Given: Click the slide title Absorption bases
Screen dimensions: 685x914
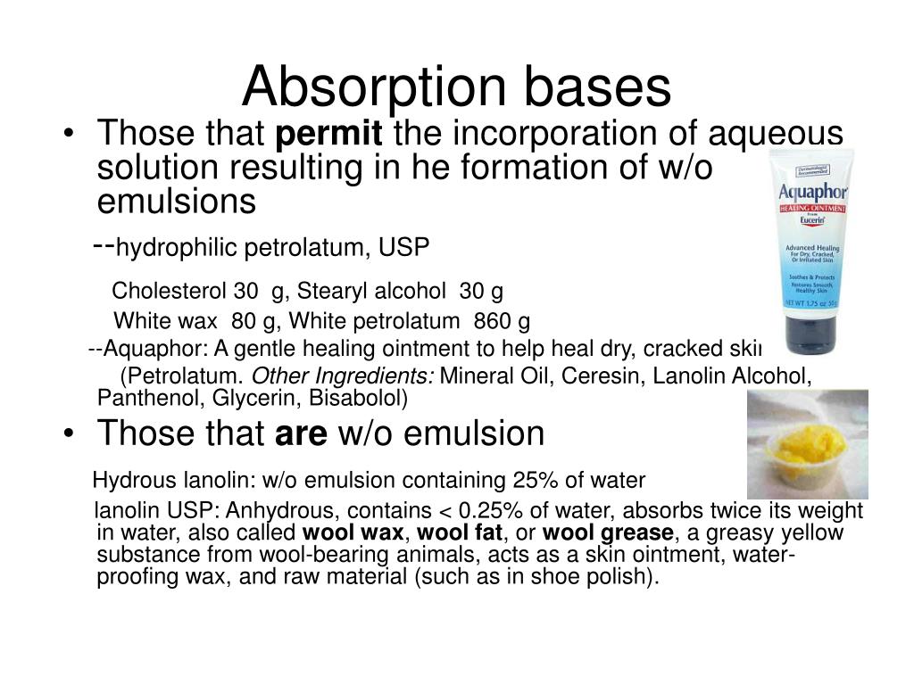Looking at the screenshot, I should pyautogui.click(x=456, y=87).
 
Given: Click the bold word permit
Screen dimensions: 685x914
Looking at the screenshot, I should pyautogui.click(x=329, y=135).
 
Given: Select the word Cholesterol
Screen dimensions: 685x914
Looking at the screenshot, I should pyautogui.click(x=170, y=292).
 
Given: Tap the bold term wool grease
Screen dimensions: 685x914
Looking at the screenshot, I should pyautogui.click(x=608, y=533).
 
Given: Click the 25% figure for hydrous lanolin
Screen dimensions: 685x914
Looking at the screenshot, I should pyautogui.click(x=532, y=481).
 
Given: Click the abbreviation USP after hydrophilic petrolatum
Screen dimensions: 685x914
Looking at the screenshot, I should pyautogui.click(x=403, y=247).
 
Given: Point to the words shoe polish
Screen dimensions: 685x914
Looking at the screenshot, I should pyautogui.click(x=606, y=577).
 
